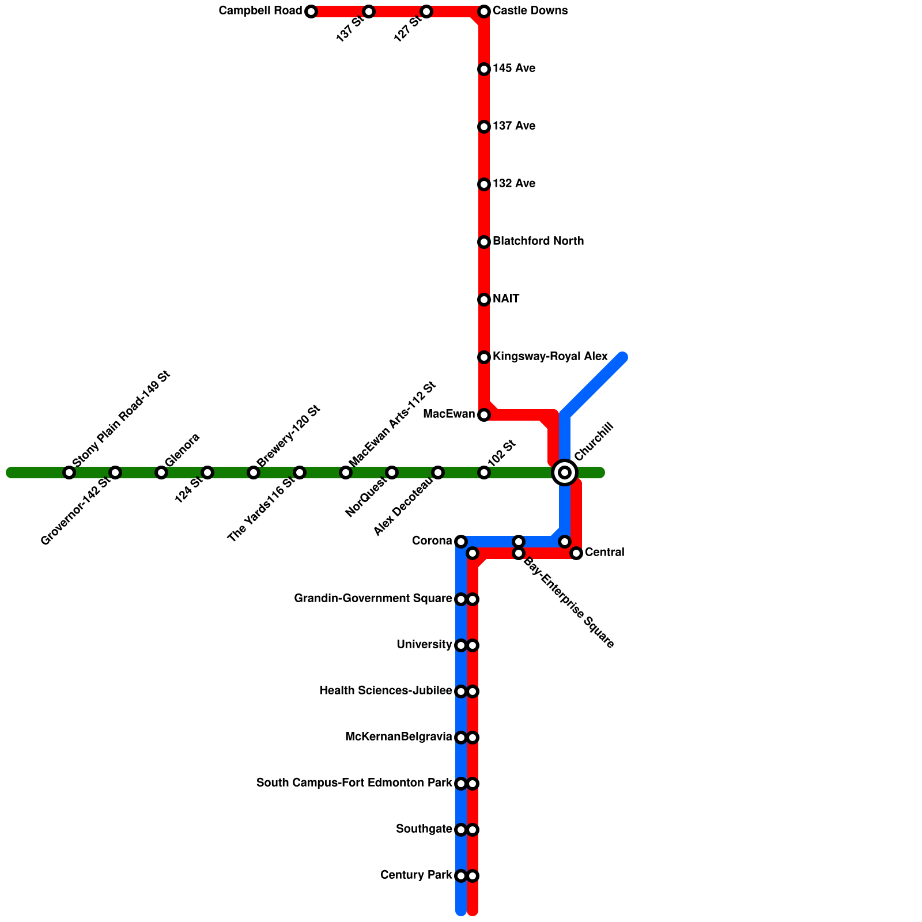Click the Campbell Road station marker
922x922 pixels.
tap(311, 12)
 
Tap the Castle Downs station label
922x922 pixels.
tap(530, 11)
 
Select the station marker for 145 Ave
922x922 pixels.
tap(484, 69)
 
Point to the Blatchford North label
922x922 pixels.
tap(538, 241)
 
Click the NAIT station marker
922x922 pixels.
tap(484, 300)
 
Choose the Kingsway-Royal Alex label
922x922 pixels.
tap(550, 357)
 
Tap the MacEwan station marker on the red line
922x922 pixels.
tap(484, 415)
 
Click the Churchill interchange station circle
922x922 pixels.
tap(565, 473)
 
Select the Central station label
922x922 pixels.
tap(604, 553)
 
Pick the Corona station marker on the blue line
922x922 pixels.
tap(461, 542)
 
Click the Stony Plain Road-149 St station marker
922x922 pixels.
tap(69, 473)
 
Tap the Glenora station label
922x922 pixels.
tap(182, 449)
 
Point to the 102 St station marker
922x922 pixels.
tap(484, 473)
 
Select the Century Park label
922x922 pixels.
tap(416, 875)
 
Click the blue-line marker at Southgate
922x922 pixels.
tap(461, 830)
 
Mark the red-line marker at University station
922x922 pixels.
tap(473, 645)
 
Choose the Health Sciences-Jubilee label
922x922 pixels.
tap(386, 691)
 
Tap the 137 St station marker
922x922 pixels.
tap(369, 12)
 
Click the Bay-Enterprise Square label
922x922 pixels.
tap(568, 603)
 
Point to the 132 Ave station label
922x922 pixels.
tap(514, 184)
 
